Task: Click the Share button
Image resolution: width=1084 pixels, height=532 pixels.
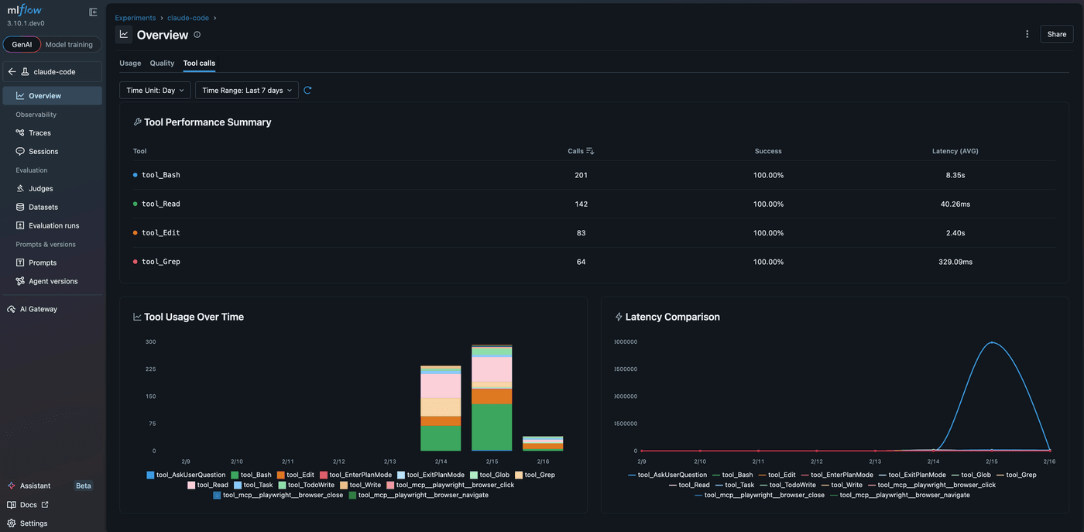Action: [x=1056, y=34]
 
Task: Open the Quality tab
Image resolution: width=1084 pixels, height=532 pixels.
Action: [x=162, y=63]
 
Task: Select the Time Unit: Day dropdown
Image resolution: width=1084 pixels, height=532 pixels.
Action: [x=155, y=91]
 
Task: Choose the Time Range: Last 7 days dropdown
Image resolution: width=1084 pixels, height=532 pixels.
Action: [x=246, y=91]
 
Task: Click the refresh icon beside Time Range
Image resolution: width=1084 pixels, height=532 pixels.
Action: [x=307, y=91]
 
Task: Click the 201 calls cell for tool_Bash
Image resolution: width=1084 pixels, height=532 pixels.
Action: [x=581, y=175]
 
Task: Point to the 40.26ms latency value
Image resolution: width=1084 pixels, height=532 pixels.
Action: [x=955, y=204]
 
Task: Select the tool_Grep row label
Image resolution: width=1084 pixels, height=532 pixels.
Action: [x=160, y=262]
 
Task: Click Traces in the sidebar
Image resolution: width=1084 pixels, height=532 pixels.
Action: [x=39, y=133]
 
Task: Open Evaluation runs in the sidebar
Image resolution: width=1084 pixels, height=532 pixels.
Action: [x=53, y=225]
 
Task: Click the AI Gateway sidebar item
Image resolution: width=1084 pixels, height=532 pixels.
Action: [x=38, y=309]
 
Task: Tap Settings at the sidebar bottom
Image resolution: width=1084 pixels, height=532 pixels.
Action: [x=33, y=523]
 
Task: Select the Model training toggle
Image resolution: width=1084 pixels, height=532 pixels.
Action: [x=69, y=45]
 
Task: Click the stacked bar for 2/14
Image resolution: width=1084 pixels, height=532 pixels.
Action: [x=441, y=408]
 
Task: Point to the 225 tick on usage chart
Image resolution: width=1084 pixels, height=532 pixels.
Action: [x=150, y=369]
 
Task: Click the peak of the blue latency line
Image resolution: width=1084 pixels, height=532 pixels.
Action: [x=992, y=342]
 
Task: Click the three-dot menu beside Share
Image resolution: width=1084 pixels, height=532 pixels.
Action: [x=1027, y=34]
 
